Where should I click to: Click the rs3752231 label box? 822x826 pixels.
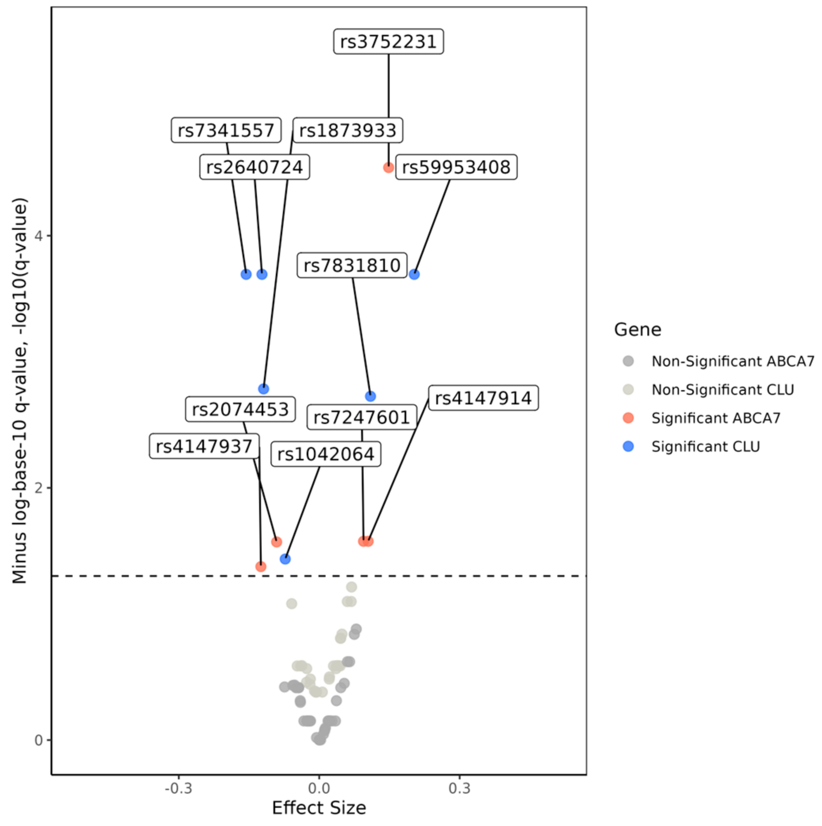pyautogui.click(x=388, y=41)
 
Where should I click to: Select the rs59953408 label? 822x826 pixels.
pyautogui.click(x=456, y=167)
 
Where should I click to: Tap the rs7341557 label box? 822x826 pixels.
pyautogui.click(x=226, y=130)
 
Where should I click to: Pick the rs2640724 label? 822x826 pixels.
pyautogui.click(x=255, y=167)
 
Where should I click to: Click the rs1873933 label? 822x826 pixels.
pyautogui.click(x=347, y=130)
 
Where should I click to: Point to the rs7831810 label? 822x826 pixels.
pyautogui.click(x=352, y=265)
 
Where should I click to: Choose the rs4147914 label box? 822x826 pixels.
pyautogui.click(x=483, y=398)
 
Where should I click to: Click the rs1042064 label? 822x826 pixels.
pyautogui.click(x=326, y=454)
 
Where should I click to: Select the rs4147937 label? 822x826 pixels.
pyautogui.click(x=204, y=446)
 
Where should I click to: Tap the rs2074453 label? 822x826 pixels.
pyautogui.click(x=240, y=409)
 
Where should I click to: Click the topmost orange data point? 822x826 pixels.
pyautogui.click(x=388, y=167)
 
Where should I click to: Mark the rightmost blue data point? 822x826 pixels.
pyautogui.click(x=414, y=274)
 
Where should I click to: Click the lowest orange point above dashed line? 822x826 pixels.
pyautogui.click(x=260, y=567)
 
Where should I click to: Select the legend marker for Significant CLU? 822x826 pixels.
pyautogui.click(x=628, y=446)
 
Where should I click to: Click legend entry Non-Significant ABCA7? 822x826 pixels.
pyautogui.click(x=732, y=361)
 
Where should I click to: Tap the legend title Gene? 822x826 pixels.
pyautogui.click(x=637, y=330)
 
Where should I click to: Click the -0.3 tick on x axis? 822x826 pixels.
pyautogui.click(x=178, y=788)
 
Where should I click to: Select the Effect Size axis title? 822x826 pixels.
pyautogui.click(x=319, y=807)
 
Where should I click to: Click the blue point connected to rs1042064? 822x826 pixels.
pyautogui.click(x=285, y=559)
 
